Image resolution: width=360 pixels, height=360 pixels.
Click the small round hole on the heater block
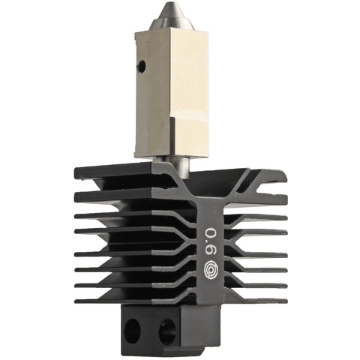[139, 67]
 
